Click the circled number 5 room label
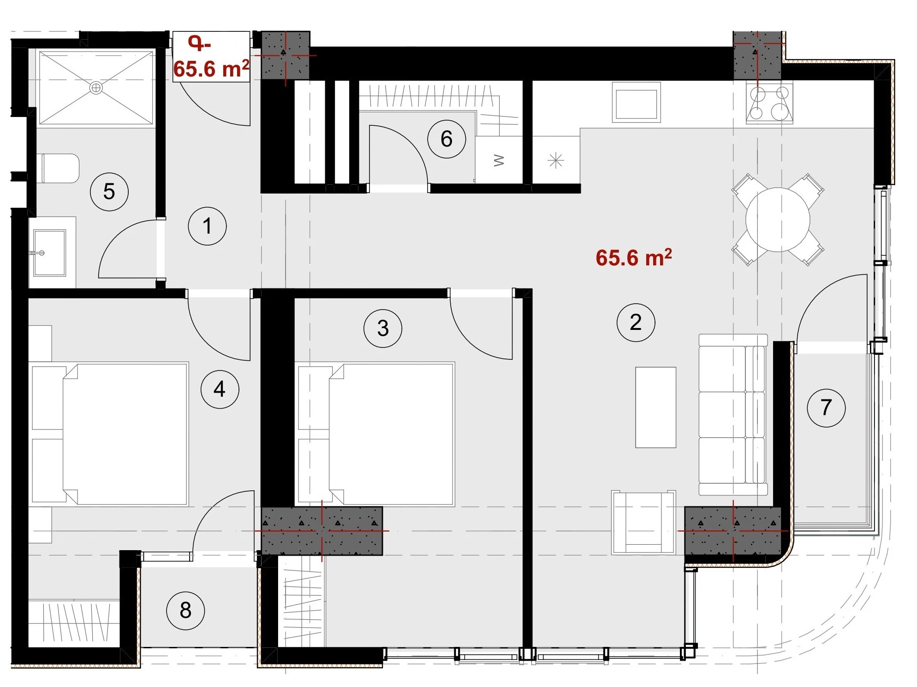point(109,192)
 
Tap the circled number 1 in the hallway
point(208,226)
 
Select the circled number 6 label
point(447,139)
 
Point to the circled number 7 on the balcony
point(826,408)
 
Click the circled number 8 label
point(185,611)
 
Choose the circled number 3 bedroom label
point(383,329)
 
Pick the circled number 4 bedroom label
point(220,389)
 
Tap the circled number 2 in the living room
point(636,323)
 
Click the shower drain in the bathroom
point(96,88)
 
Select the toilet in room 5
point(60,168)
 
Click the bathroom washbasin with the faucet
point(49,253)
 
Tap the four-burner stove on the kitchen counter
point(769,103)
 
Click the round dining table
point(778,220)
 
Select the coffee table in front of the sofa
point(655,407)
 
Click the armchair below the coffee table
point(643,522)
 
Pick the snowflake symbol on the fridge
point(556,161)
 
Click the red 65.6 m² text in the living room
point(634,258)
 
